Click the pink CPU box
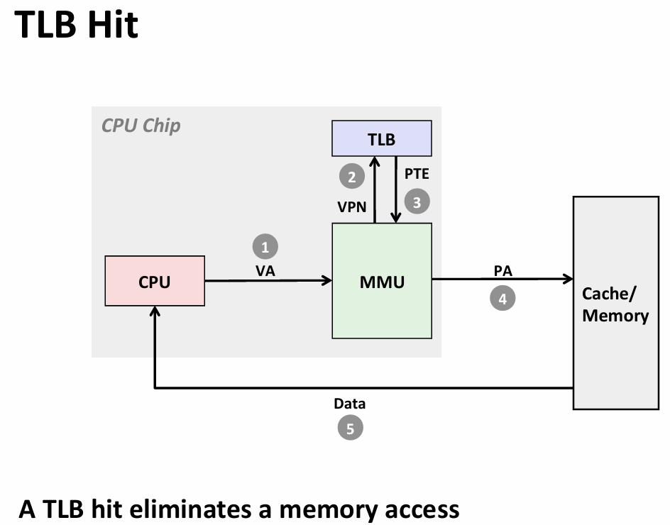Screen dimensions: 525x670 (155, 281)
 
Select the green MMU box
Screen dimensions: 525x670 (382, 281)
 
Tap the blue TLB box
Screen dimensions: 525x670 (382, 138)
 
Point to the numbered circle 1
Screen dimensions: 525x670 (265, 247)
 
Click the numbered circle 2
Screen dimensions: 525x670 (351, 175)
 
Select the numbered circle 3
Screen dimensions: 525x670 (417, 201)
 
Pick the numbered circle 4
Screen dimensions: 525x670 (502, 298)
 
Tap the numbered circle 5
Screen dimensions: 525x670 (350, 428)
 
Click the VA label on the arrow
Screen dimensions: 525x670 (265, 270)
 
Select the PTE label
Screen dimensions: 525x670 (417, 173)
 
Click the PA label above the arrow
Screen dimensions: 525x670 (502, 270)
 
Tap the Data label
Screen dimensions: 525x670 (350, 404)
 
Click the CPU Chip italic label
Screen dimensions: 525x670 (141, 126)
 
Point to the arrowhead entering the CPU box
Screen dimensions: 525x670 (155, 311)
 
